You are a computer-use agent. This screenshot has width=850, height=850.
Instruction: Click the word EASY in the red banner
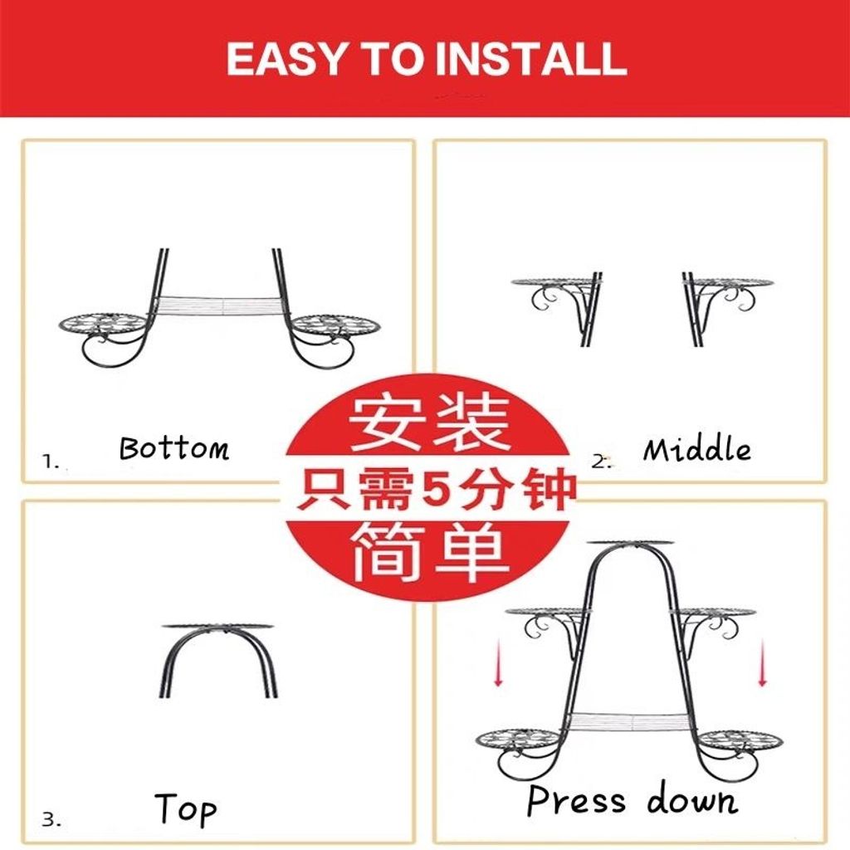point(286,59)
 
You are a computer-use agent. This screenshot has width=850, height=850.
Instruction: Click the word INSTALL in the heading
point(531,59)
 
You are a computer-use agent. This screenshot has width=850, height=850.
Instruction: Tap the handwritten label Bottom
point(174,448)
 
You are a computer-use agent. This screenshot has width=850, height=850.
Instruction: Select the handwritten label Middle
point(697,449)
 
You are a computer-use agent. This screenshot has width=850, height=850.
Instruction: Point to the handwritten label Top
point(185,808)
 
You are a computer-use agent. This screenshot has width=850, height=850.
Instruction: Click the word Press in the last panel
point(576,800)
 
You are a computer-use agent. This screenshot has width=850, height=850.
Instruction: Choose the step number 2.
point(601,462)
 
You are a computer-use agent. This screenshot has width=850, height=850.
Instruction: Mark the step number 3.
point(51,819)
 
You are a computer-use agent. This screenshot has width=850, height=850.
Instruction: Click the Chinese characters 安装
point(427,423)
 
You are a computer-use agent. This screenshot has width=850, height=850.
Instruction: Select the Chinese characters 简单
point(429,551)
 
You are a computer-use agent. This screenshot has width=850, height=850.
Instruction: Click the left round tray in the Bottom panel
point(104,325)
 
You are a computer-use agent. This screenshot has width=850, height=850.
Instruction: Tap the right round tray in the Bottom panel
point(335,325)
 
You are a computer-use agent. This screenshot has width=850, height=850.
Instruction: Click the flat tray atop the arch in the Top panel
point(217,627)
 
